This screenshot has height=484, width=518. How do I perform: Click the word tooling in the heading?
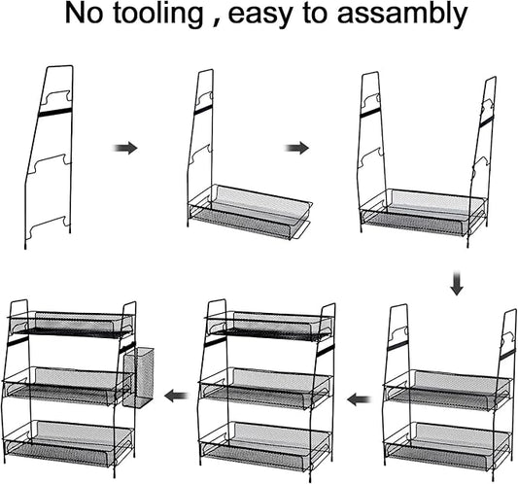(157, 15)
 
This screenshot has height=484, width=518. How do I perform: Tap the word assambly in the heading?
(402, 14)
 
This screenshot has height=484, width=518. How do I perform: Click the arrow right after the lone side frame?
(125, 148)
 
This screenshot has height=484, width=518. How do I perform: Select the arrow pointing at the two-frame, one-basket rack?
(297, 148)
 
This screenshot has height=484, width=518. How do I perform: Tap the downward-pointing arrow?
(457, 283)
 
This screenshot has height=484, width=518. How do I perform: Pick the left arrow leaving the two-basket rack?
(359, 399)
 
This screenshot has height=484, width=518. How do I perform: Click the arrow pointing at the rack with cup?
(177, 396)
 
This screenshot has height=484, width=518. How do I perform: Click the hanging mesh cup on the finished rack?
(138, 377)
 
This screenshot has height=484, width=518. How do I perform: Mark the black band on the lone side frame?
(54, 112)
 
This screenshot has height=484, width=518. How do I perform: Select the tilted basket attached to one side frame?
(250, 212)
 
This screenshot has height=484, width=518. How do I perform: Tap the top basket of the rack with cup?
(71, 325)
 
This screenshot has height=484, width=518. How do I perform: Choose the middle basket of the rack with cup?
(67, 386)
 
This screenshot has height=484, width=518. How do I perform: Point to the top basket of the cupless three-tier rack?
(268, 325)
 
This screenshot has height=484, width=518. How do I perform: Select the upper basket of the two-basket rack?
(448, 390)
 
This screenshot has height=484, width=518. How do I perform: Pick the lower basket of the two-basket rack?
(448, 444)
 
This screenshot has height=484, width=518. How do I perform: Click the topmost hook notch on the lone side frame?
(58, 96)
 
